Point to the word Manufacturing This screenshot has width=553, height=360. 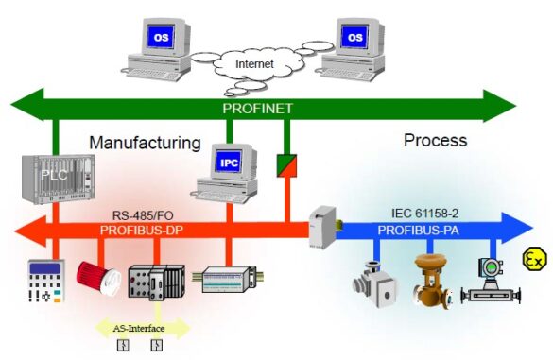tap(145, 143)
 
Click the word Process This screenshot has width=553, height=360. tap(435, 141)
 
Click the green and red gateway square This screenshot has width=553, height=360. tap(286, 164)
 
